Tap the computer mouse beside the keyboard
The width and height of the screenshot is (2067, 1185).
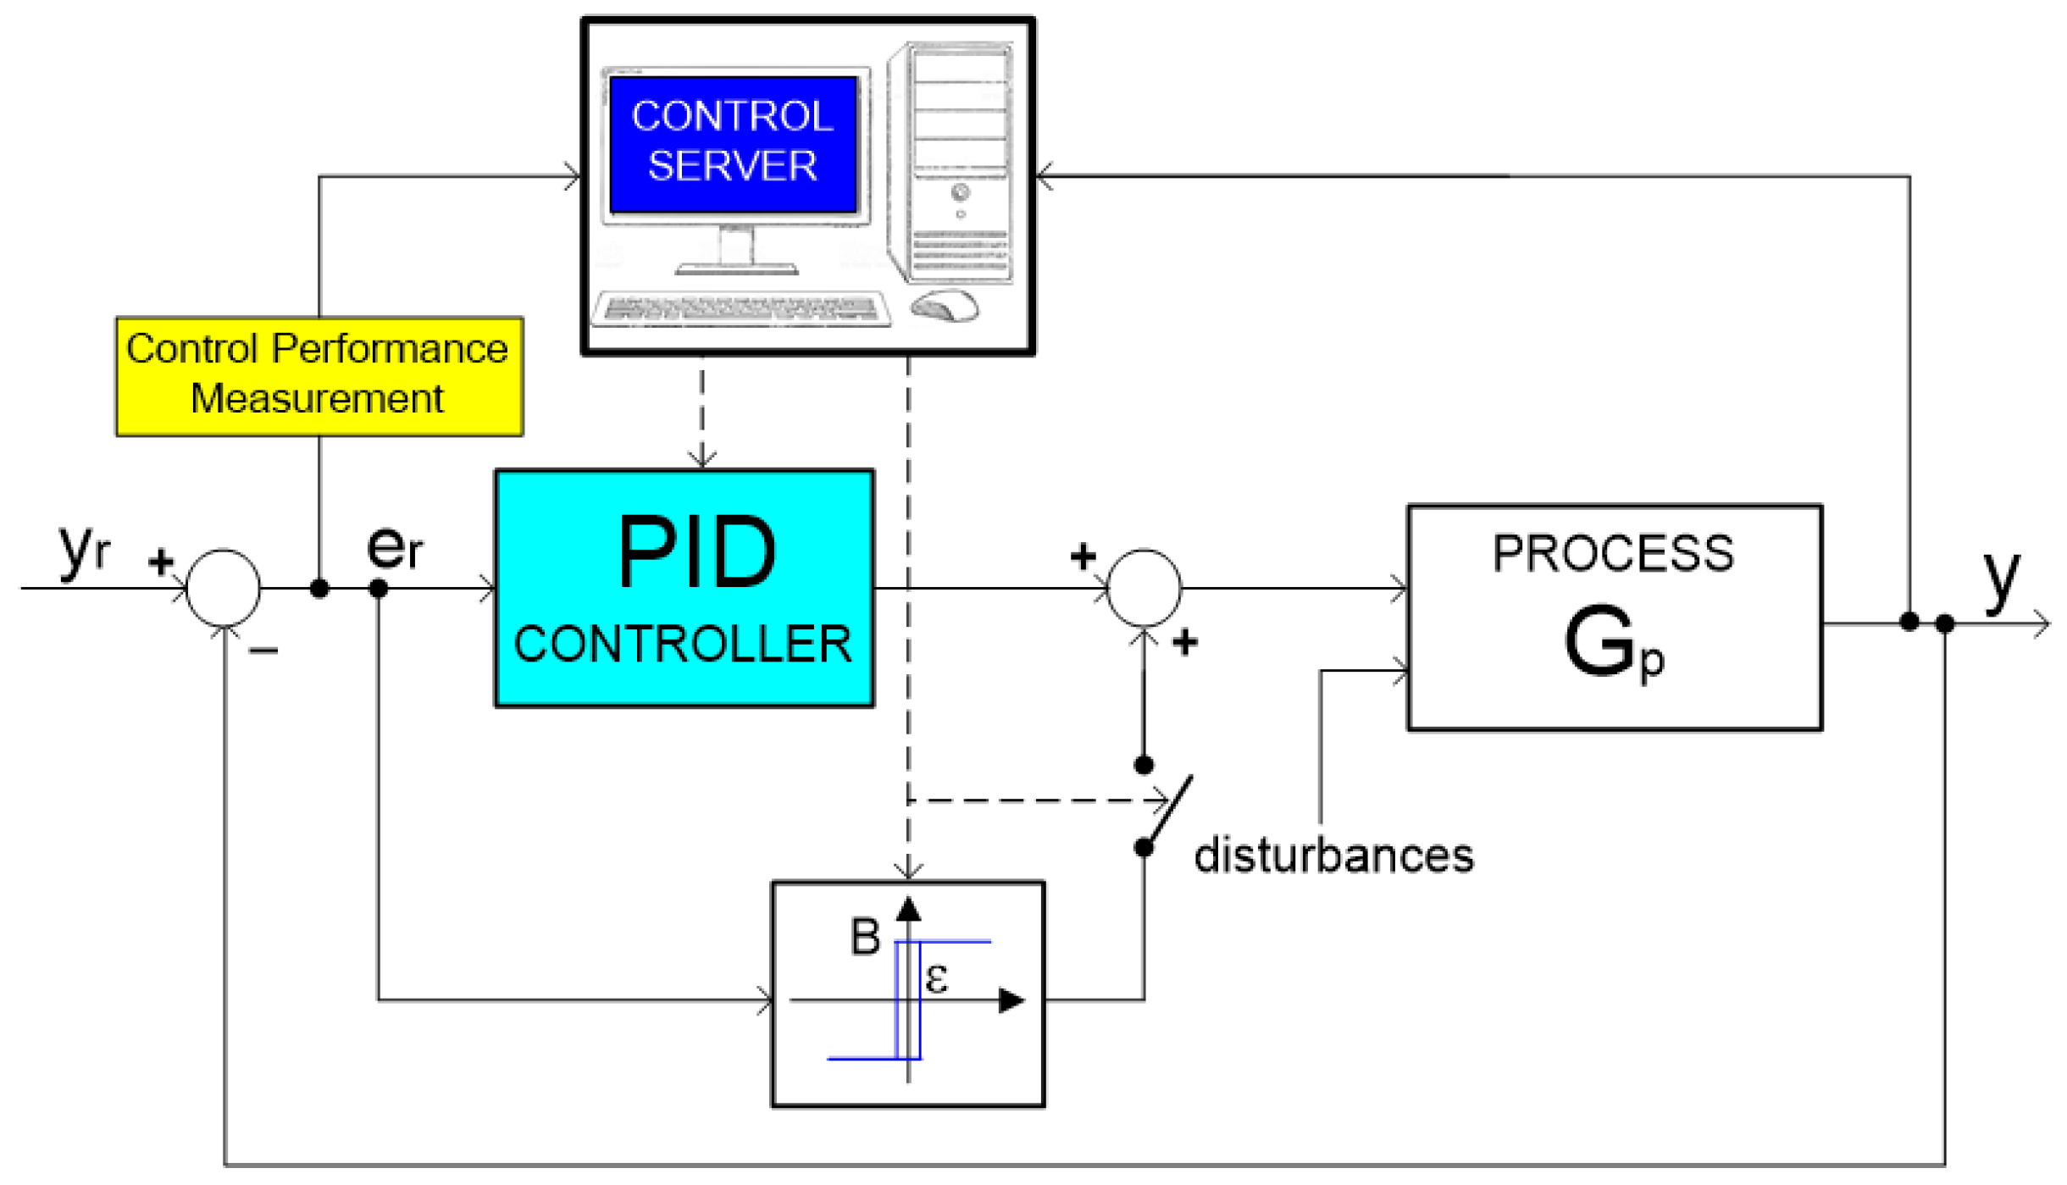coord(945,306)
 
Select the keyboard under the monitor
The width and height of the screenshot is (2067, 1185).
coord(741,309)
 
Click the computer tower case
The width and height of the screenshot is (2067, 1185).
coord(951,161)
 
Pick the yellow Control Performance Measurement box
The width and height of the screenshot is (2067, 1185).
coord(319,376)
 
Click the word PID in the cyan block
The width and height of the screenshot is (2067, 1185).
coord(696,552)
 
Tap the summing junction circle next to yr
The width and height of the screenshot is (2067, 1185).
coord(223,588)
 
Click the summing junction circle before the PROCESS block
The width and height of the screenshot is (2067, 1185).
coord(1144,588)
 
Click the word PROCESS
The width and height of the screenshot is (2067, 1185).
coord(1613,554)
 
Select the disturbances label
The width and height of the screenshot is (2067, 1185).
coord(1333,856)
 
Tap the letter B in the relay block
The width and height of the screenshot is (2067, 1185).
coord(865,937)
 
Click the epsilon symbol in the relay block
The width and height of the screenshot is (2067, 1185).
coord(936,978)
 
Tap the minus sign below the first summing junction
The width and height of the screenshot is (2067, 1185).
coord(263,651)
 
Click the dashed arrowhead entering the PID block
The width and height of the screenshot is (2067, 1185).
coord(702,458)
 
